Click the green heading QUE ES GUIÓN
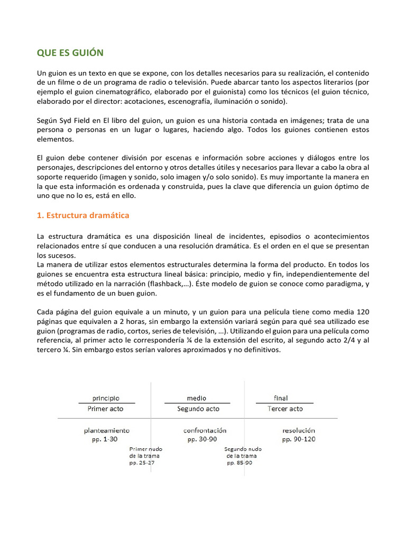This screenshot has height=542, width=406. coord(70,53)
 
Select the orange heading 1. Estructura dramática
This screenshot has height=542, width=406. coord(83,215)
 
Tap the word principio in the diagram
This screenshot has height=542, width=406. coord(106,398)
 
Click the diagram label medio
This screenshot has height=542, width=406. coord(197,398)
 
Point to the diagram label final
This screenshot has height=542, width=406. coord(281,398)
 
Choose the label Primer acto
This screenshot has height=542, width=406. coord(105,409)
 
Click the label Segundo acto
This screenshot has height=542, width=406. coord(198,409)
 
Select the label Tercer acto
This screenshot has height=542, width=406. coord(285,409)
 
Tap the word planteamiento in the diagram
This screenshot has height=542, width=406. coord(106,431)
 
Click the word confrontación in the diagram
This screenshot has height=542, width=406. coord(205,431)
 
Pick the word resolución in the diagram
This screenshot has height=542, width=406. coord(298,431)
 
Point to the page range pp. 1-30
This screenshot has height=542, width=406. coord(102,439)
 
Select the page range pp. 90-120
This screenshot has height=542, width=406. coord(298,439)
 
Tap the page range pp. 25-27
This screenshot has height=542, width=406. coord(142,463)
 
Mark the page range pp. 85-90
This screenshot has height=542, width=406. coord(239,463)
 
